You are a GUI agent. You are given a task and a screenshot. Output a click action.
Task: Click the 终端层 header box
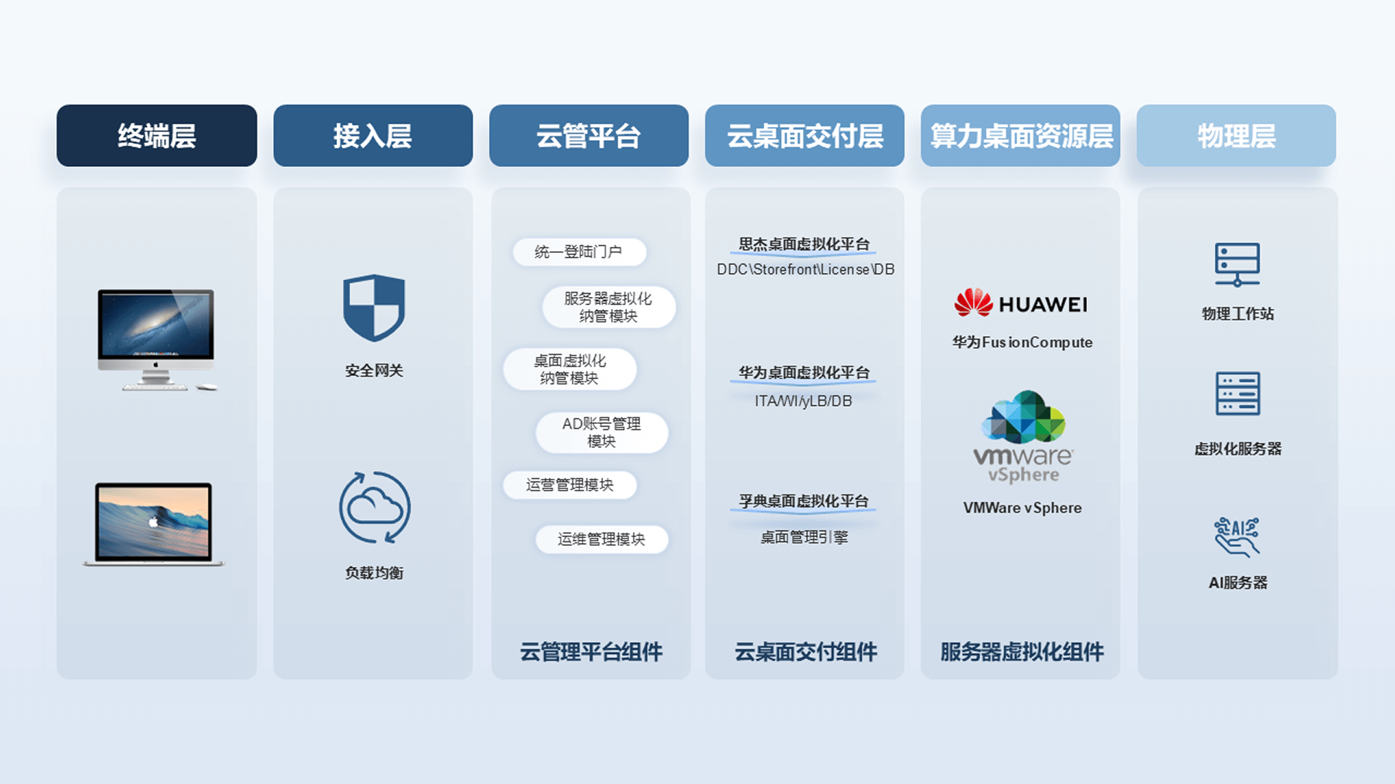[x=157, y=136]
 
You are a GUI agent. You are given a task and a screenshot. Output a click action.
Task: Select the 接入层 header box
[x=373, y=136]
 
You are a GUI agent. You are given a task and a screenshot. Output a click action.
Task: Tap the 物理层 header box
[x=1236, y=136]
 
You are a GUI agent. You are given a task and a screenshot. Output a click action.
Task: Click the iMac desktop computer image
[x=157, y=340]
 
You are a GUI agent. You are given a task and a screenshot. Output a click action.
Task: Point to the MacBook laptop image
[x=154, y=523]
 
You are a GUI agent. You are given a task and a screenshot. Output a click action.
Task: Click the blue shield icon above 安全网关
[x=373, y=308]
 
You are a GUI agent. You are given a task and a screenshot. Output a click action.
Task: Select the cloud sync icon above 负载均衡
[x=374, y=507]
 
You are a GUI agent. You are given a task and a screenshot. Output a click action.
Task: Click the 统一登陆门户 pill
[x=579, y=252]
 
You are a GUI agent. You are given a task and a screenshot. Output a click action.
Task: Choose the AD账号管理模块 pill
[x=602, y=433]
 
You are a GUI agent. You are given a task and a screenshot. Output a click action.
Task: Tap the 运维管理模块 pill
[x=602, y=539]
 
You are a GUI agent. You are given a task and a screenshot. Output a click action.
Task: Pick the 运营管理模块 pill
[x=570, y=485]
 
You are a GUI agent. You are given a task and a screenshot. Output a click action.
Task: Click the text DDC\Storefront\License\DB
[x=805, y=269]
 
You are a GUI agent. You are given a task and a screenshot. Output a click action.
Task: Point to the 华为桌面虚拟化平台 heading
[x=804, y=372]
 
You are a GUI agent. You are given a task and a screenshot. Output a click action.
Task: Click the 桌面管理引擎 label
[x=804, y=537]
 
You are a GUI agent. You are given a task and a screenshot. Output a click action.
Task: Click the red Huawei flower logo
[x=974, y=303]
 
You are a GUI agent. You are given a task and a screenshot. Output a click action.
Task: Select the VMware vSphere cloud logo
[x=1023, y=436]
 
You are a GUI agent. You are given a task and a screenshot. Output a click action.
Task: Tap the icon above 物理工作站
[x=1237, y=265]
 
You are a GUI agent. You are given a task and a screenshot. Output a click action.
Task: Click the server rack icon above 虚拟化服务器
[x=1237, y=393]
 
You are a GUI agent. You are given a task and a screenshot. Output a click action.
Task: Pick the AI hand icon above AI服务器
[x=1237, y=536]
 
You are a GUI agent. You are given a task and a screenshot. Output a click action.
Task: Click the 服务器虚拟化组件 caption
[x=1022, y=652]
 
